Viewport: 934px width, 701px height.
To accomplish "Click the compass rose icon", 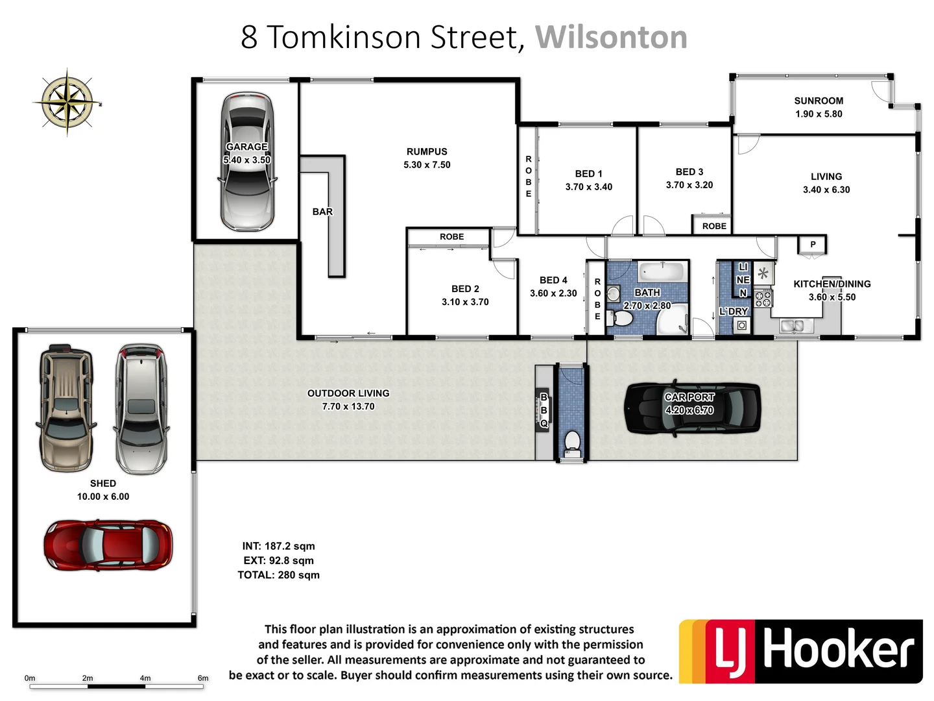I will [x=67, y=102].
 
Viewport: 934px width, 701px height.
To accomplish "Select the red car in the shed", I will [x=108, y=545].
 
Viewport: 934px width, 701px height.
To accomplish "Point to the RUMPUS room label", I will [x=427, y=152].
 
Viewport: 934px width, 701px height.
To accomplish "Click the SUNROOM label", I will [x=819, y=101].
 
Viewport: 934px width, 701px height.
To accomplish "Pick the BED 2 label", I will [x=465, y=289].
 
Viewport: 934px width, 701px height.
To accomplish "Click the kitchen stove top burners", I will [x=763, y=299].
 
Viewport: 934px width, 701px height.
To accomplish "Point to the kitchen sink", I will [x=792, y=325].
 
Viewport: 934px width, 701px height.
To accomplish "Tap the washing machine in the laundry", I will [x=741, y=325].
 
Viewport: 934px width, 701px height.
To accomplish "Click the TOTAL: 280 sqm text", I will [x=278, y=575].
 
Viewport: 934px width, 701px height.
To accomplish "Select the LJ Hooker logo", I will [x=800, y=651].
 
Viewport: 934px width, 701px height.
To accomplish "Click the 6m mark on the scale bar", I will [x=203, y=679].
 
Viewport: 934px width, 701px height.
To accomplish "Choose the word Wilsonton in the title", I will [x=611, y=37].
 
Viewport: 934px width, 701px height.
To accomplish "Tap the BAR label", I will [x=322, y=212].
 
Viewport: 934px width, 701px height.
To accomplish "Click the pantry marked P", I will [x=813, y=245].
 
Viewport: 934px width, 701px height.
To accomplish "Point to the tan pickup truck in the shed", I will [x=66, y=407].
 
